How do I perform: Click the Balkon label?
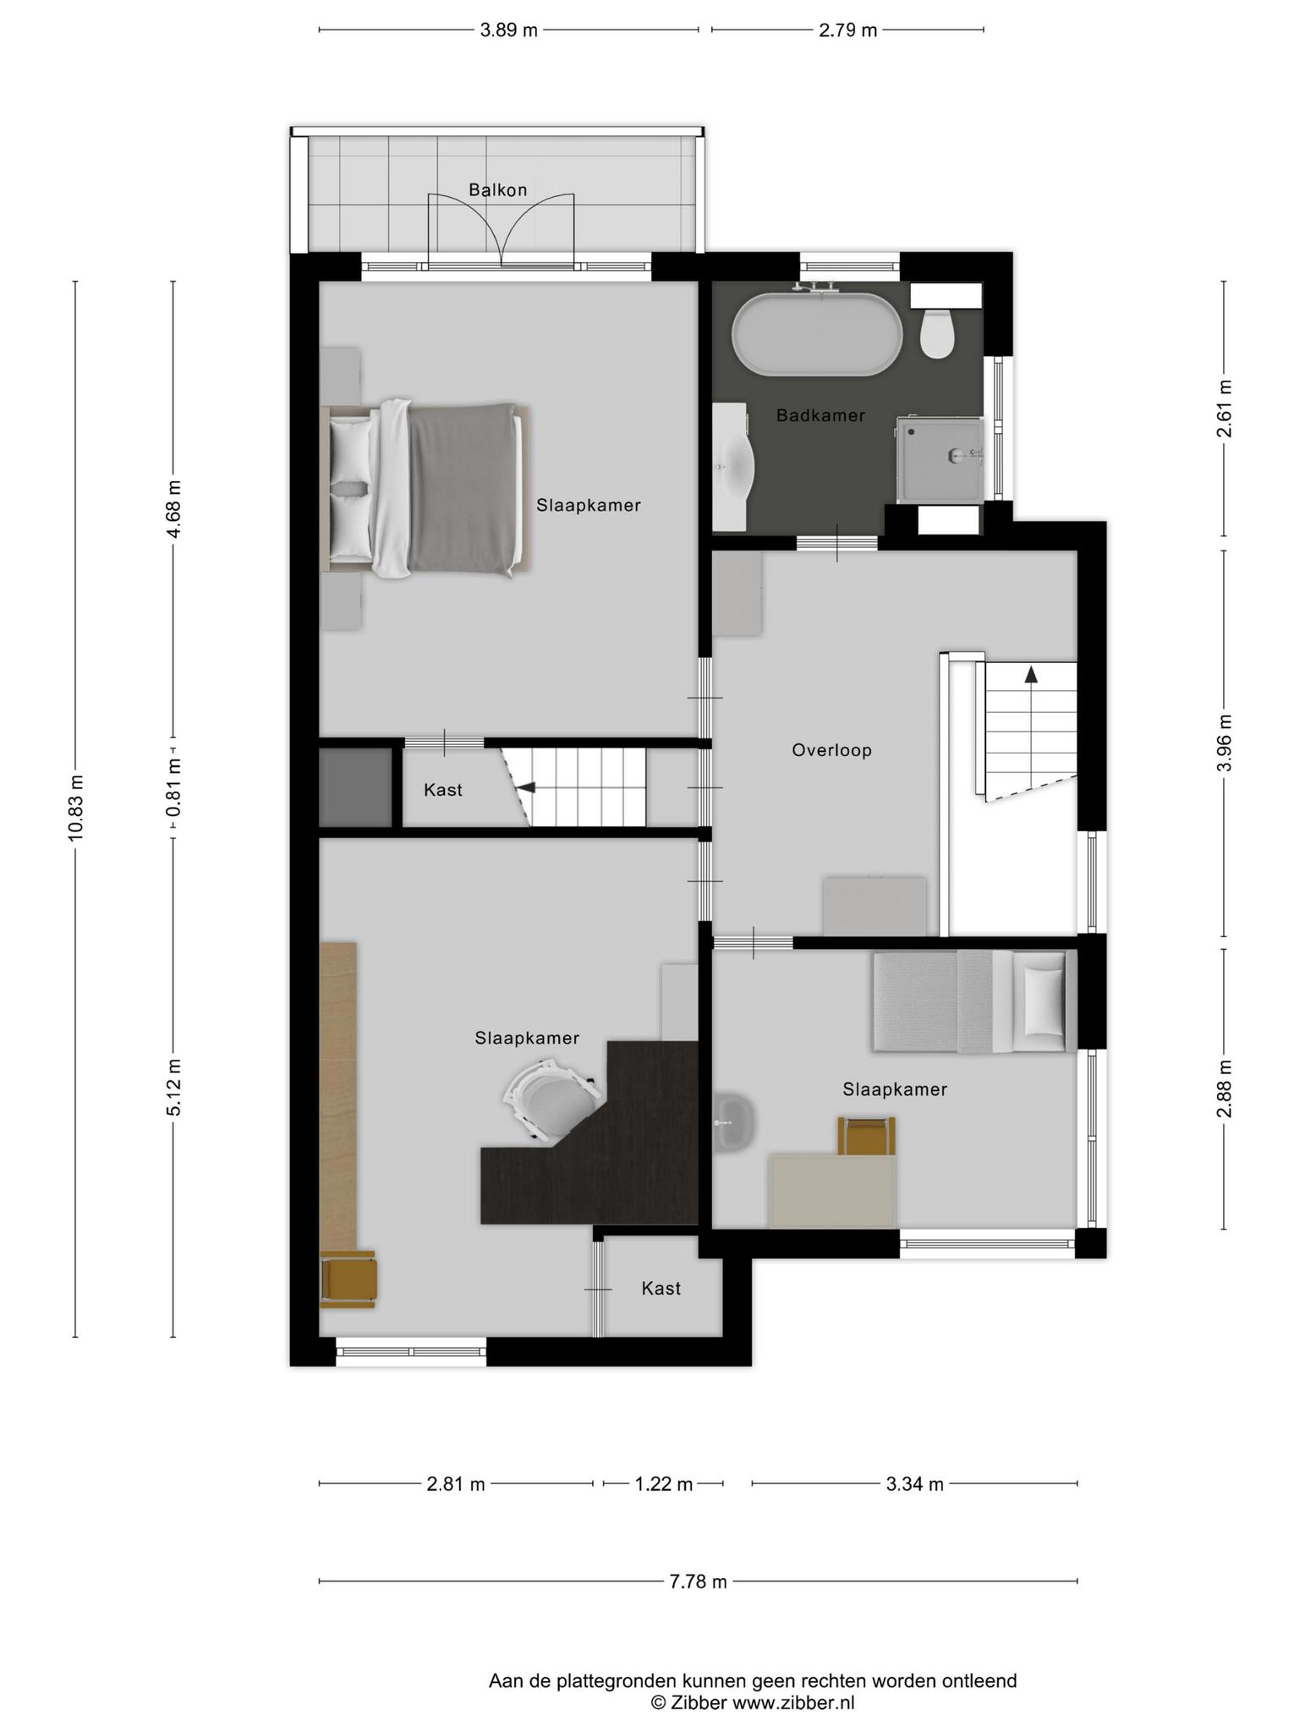click(498, 190)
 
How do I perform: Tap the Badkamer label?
click(820, 415)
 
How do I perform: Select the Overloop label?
click(831, 750)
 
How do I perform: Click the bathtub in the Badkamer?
click(817, 333)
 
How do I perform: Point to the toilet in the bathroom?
click(937, 332)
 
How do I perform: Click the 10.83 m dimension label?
click(76, 808)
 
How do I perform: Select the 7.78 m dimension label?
click(698, 1581)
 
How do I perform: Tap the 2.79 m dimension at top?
click(847, 30)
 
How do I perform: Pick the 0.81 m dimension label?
click(173, 788)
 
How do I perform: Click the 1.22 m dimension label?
click(664, 1484)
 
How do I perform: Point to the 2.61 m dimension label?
click(1224, 408)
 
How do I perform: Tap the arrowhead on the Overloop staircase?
click(1031, 674)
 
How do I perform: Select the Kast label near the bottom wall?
click(660, 1288)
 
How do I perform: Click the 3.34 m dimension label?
click(915, 1484)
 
